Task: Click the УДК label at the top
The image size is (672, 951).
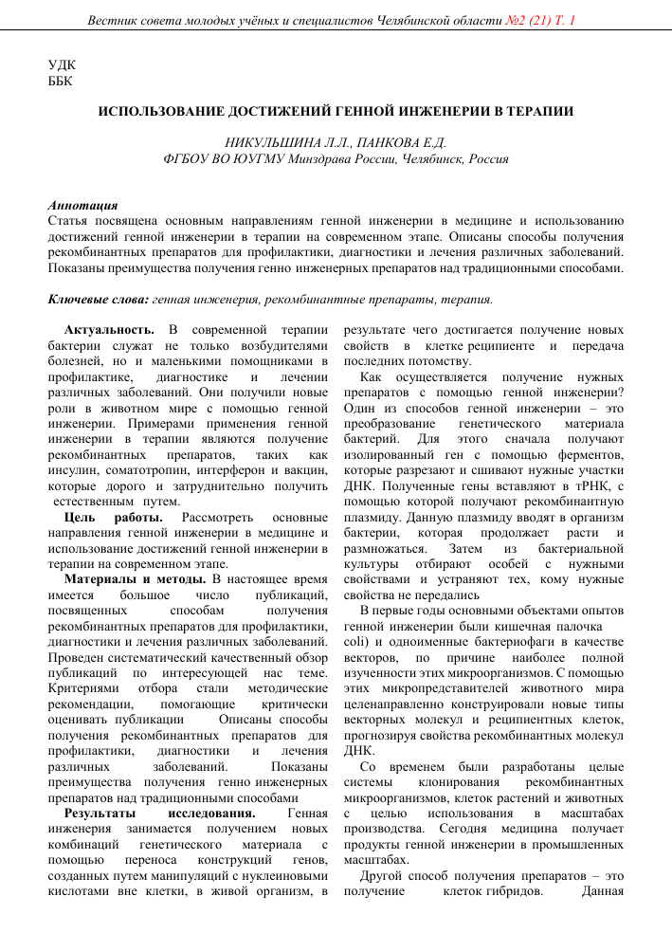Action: [x=62, y=65]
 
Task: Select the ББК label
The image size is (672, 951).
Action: [x=62, y=82]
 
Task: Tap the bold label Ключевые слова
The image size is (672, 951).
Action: [x=98, y=300]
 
